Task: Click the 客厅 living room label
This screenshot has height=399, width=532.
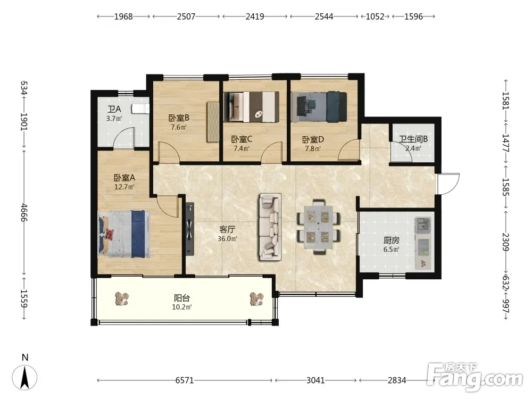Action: [x=227, y=230]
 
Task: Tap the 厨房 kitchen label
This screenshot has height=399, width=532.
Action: [x=392, y=240]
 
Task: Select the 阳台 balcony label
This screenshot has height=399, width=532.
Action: [x=182, y=298]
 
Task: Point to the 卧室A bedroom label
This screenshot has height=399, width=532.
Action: [x=124, y=178]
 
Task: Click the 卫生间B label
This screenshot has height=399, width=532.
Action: [x=413, y=139]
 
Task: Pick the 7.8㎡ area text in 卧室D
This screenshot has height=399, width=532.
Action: [x=312, y=148]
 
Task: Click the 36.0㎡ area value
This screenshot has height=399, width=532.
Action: [x=227, y=239]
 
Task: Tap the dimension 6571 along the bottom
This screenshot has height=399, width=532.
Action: [x=185, y=380]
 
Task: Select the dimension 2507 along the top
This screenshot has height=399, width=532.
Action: [x=186, y=16]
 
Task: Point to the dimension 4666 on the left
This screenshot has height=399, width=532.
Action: [x=24, y=212]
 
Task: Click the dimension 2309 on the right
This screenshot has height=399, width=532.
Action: [x=505, y=242]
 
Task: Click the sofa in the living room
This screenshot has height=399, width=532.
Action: [x=270, y=227]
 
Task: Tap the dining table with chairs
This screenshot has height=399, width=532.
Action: [x=318, y=227]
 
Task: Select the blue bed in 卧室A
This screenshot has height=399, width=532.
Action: [x=124, y=234]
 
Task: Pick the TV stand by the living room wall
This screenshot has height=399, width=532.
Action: [x=190, y=229]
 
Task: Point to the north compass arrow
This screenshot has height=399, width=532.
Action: [x=24, y=377]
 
